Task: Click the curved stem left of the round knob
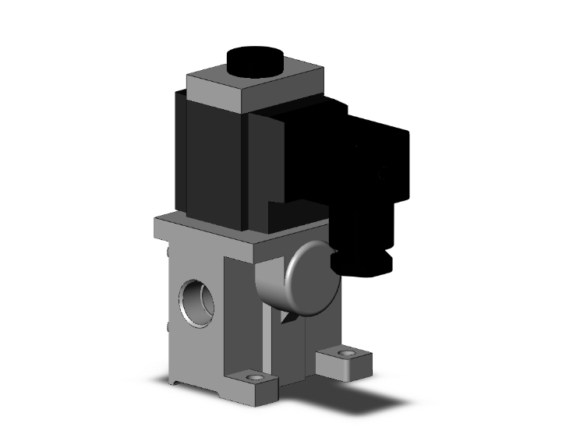tap(269, 284)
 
